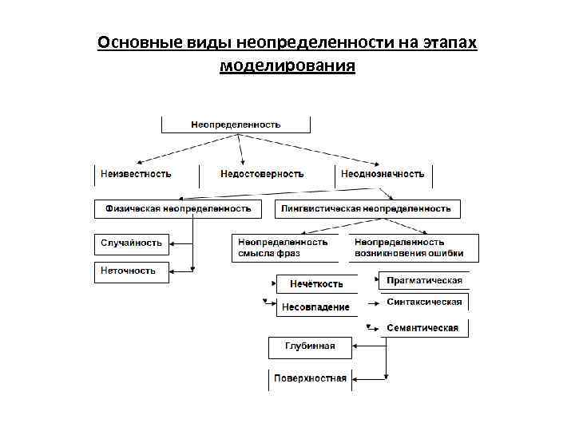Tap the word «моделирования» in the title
(287, 65)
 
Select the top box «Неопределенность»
(236, 125)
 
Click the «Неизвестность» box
(136, 174)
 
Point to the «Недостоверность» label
(262, 174)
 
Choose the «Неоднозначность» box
(383, 174)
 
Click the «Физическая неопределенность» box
(178, 208)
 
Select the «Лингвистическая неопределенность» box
(367, 208)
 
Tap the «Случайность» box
(132, 243)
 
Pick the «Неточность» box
(129, 271)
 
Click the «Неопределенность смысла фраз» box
(283, 247)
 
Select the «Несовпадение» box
(315, 307)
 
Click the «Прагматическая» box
(424, 281)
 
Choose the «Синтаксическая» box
(424, 302)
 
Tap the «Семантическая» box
(422, 328)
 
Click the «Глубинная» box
(310, 346)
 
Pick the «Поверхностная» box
(310, 378)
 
